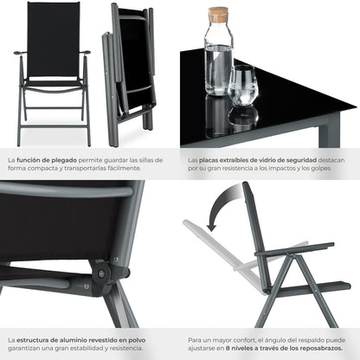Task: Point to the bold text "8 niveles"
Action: tap(244, 350)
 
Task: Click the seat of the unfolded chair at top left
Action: tap(51, 82)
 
